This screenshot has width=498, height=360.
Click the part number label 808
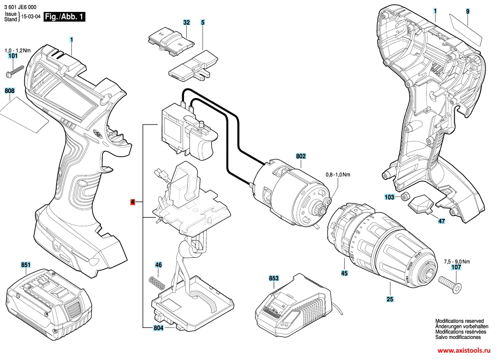coord(10,91)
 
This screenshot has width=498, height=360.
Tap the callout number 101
coord(13,56)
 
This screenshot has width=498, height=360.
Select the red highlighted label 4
coord(133,202)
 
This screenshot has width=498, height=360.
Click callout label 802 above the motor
coord(301,156)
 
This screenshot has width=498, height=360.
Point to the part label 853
coord(274,278)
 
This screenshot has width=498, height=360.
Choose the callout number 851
coord(25,265)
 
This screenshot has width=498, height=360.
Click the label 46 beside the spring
coord(158,265)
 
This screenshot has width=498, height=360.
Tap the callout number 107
coord(456,267)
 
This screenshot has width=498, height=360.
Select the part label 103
coord(390,197)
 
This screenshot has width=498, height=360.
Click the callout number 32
coord(186,22)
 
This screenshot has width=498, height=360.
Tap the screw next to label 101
coord(15,71)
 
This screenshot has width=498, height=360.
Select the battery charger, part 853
coord(293,305)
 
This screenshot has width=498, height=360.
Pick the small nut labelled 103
coord(405,197)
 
